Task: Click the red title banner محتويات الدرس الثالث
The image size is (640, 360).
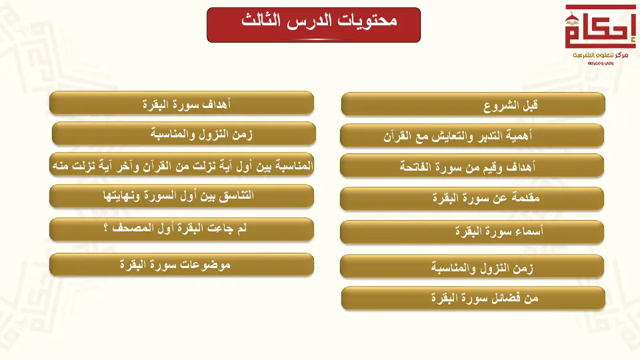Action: click(x=313, y=25)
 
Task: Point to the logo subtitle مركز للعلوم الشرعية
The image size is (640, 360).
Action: click(x=601, y=55)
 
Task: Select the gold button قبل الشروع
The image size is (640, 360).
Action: click(x=473, y=105)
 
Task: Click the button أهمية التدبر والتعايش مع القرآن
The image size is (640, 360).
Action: click(x=472, y=135)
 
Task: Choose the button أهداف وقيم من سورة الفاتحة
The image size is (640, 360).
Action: click(x=472, y=166)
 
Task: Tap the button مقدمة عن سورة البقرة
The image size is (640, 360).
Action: click(x=472, y=199)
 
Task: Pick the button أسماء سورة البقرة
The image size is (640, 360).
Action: click(x=472, y=232)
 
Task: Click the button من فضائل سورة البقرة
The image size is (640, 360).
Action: click(x=473, y=298)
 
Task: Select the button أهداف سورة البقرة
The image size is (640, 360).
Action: click(x=181, y=103)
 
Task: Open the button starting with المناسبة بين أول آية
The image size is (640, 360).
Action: click(x=181, y=165)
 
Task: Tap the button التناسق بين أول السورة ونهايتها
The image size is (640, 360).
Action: click(x=181, y=196)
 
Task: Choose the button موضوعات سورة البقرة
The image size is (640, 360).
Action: click(x=181, y=265)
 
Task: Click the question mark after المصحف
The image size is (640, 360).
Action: click(x=106, y=228)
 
